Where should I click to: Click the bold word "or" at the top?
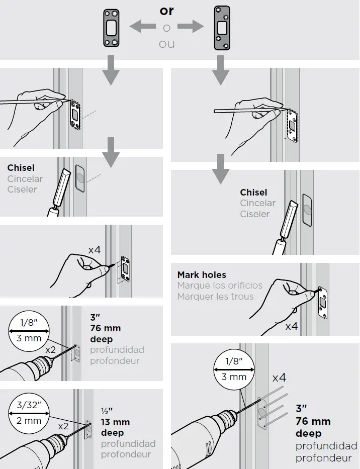coord(166,11)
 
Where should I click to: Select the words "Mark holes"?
coord(202,275)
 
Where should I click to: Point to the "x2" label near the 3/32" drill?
coord(63,425)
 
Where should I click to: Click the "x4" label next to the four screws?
coord(279,377)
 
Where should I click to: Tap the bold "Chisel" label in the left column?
coord(21,168)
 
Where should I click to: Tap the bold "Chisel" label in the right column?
coord(253,193)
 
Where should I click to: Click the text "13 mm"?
coord(115,422)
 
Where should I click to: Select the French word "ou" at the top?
coord(166,44)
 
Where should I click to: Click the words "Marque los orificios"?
coord(220,286)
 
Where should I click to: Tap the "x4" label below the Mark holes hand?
coord(291,326)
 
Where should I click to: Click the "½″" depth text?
coord(106,411)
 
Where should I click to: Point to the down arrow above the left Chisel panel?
coord(111,156)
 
